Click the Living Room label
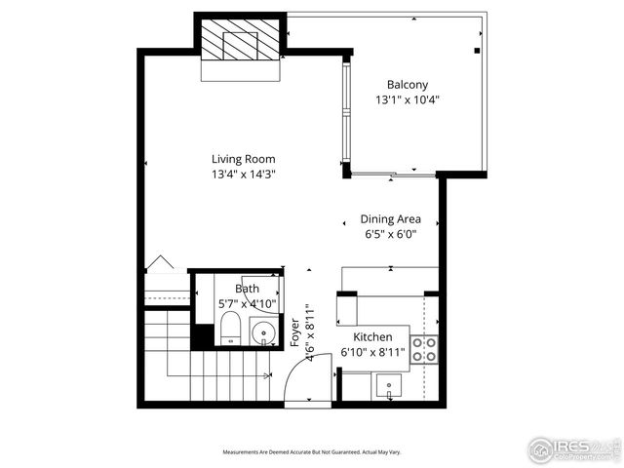[x=244, y=159]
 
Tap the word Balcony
[x=408, y=85]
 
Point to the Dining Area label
[x=391, y=219]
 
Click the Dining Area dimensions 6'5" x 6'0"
[x=391, y=234]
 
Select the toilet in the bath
[x=228, y=329]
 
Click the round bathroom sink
[x=263, y=335]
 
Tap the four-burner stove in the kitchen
[x=423, y=349]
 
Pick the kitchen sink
[x=391, y=386]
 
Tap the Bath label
[x=247, y=289]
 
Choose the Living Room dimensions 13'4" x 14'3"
[x=244, y=175]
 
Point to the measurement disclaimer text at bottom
[x=311, y=452]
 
